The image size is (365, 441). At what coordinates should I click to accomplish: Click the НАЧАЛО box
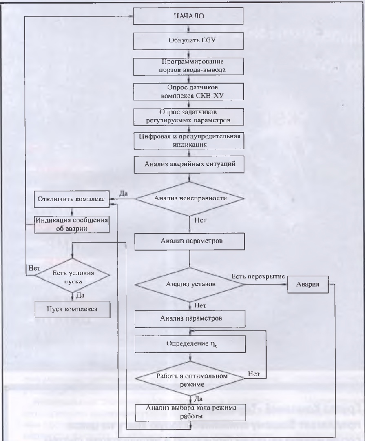coord(189,17)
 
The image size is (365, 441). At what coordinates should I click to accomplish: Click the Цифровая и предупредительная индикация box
coord(189,140)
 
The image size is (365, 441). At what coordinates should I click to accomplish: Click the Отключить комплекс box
coord(72,199)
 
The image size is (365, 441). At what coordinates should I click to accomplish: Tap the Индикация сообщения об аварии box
coord(72,224)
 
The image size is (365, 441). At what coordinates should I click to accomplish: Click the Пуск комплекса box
coord(72,309)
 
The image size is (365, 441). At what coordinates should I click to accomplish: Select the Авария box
coord(308,284)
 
